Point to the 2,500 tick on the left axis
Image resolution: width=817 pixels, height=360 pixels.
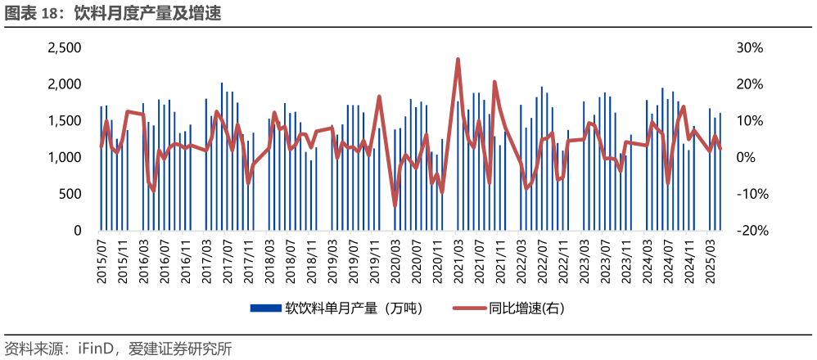point(65,48)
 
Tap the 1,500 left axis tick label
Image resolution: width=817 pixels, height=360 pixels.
point(65,121)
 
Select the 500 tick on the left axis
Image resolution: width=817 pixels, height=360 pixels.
point(70,194)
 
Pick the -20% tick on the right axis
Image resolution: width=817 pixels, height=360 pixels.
point(752,231)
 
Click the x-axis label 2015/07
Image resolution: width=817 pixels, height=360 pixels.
point(102,260)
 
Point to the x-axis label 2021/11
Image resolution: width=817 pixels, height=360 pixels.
point(501,260)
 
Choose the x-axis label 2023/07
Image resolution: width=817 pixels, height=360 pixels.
point(606,260)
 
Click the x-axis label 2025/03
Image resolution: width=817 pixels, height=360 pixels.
point(711,260)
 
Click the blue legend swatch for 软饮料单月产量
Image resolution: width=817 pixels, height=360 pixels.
point(264,308)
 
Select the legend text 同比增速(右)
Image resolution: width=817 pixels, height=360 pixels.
point(527,308)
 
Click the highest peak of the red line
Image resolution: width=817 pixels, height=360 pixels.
point(458,59)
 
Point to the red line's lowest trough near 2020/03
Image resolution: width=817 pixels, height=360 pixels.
point(395,205)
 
